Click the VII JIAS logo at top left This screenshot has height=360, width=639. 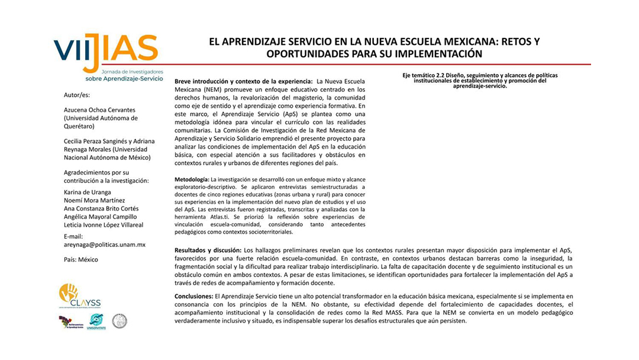pyautogui.click(x=106, y=52)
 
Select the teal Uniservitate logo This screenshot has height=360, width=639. pyautogui.click(x=96, y=322)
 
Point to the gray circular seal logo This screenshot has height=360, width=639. pyautogui.click(x=120, y=321)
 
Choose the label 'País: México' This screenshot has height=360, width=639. pyautogui.click(x=81, y=259)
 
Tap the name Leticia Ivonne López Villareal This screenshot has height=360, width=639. pyautogui.click(x=104, y=225)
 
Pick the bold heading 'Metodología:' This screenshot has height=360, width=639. pyautogui.click(x=192, y=179)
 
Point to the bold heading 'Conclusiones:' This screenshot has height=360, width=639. pyautogui.click(x=194, y=295)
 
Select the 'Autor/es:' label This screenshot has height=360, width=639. pyautogui.click(x=78, y=95)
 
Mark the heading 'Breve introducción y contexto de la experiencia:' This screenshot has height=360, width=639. pyautogui.click(x=244, y=81)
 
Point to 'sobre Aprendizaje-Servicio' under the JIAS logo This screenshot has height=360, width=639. pyautogui.click(x=124, y=78)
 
